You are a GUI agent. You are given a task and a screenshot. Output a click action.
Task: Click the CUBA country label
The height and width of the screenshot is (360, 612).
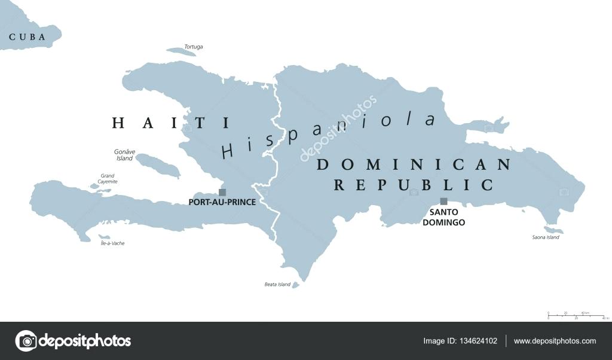(x=27, y=37)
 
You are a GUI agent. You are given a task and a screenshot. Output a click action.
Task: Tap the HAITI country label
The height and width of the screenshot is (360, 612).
(x=171, y=123)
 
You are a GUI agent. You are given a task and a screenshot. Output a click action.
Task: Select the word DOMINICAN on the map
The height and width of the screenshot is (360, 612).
(x=414, y=164)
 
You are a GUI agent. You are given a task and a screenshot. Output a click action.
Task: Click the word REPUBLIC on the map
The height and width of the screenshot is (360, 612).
(x=414, y=185)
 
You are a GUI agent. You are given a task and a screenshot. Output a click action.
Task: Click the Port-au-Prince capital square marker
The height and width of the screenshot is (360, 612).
(x=222, y=193)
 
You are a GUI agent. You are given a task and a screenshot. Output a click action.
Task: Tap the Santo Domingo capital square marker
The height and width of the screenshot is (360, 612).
(x=443, y=202)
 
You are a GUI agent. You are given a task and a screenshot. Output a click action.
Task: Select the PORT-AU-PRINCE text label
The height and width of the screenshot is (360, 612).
(x=222, y=203)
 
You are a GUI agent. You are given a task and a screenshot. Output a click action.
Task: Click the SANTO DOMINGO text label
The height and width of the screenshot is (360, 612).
(x=443, y=217)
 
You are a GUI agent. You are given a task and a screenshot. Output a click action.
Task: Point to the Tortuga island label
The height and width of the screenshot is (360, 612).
(x=193, y=47)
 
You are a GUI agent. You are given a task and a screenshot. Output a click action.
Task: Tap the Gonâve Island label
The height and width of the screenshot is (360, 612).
(x=124, y=155)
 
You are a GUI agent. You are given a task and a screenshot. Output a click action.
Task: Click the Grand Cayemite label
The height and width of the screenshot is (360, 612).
(x=108, y=179)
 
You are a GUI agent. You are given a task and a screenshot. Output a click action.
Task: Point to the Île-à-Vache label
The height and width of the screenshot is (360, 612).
(x=112, y=243)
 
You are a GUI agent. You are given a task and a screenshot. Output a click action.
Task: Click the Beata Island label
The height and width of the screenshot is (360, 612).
(x=277, y=285)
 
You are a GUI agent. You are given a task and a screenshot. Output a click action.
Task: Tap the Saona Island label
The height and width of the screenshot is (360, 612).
(x=545, y=237)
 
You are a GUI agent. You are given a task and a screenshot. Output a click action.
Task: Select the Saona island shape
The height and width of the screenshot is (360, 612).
(x=553, y=230)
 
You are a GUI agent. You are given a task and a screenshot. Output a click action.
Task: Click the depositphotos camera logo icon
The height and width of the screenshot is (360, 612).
(x=26, y=341)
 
